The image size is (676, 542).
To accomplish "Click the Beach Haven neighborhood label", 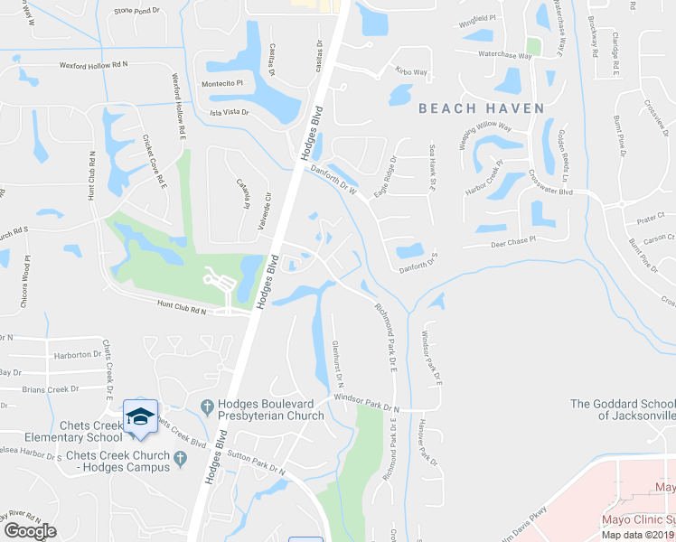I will [482, 108].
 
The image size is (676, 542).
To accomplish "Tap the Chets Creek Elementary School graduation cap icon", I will [140, 416].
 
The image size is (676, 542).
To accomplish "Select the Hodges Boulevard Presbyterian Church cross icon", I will [207, 405].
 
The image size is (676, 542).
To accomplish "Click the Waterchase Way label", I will [504, 55].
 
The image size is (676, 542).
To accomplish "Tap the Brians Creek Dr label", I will [51, 389].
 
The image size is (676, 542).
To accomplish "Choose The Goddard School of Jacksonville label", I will [623, 410].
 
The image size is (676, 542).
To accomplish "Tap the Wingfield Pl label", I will [478, 18].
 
